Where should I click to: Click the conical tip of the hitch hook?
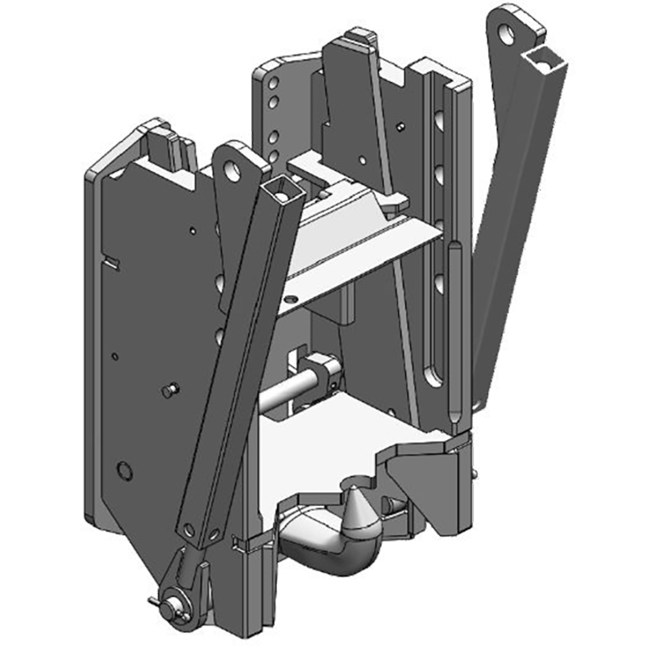pos(359,511)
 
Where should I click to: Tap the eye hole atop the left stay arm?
pos(237,166)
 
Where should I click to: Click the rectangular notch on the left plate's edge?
pos(112,262)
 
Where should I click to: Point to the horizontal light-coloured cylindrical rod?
pos(287,391)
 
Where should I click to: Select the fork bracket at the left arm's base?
pos(190,573)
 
